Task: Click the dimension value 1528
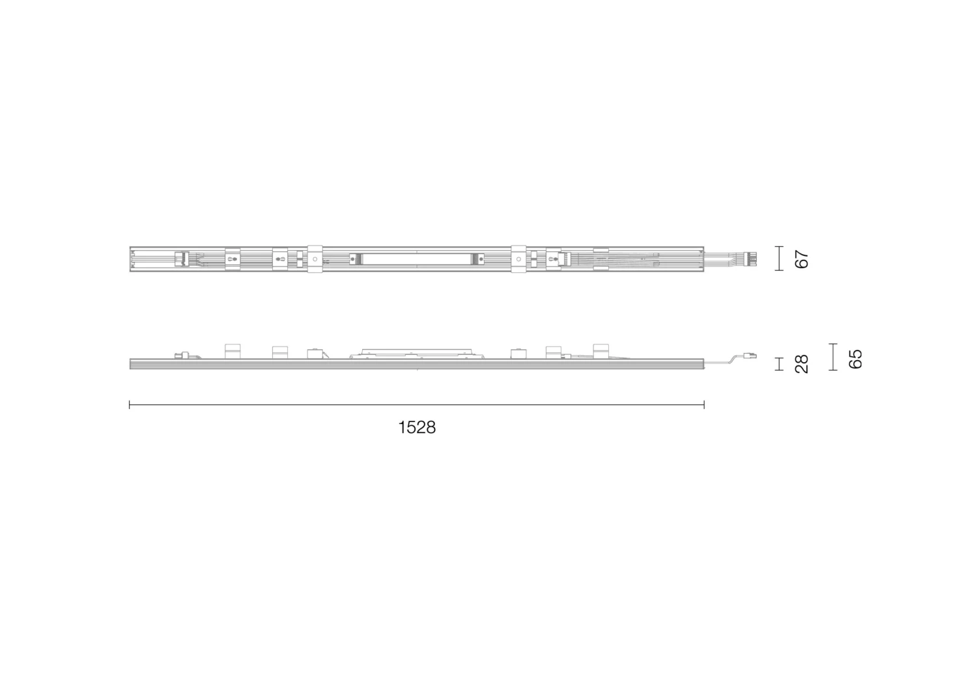pos(417,428)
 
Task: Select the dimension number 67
pos(802,259)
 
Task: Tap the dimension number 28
pos(802,363)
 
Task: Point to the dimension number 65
pos(855,358)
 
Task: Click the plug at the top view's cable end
pos(752,259)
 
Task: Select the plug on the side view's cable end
pos(751,356)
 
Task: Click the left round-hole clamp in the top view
pos(315,259)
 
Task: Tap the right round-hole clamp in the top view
pos(518,259)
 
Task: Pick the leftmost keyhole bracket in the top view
pos(233,259)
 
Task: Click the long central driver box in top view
pos(417,259)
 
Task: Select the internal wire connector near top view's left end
pos(182,259)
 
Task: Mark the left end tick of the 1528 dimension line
pos(130,405)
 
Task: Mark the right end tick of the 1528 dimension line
pos(704,405)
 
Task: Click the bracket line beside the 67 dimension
pos(780,259)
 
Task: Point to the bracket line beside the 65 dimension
pos(832,358)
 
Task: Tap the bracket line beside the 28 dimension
pos(780,363)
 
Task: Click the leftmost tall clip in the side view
pos(233,351)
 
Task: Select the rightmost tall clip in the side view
pos(601,351)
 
